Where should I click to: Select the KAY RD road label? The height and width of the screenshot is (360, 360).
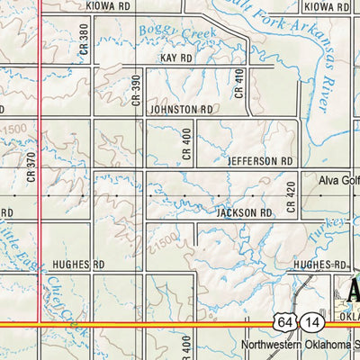176,58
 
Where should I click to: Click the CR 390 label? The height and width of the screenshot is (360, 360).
137,89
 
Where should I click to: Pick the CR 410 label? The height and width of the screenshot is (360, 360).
239,84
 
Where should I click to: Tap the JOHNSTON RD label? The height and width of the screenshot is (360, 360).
182,109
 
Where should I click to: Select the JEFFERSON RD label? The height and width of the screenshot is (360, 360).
261,161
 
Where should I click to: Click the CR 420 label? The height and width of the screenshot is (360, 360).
291,196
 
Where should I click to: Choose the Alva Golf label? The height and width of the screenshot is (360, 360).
338,180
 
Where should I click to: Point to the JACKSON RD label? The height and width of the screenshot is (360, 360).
244,213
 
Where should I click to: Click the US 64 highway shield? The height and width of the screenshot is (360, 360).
285,321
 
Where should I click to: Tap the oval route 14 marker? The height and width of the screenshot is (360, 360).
311,321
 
